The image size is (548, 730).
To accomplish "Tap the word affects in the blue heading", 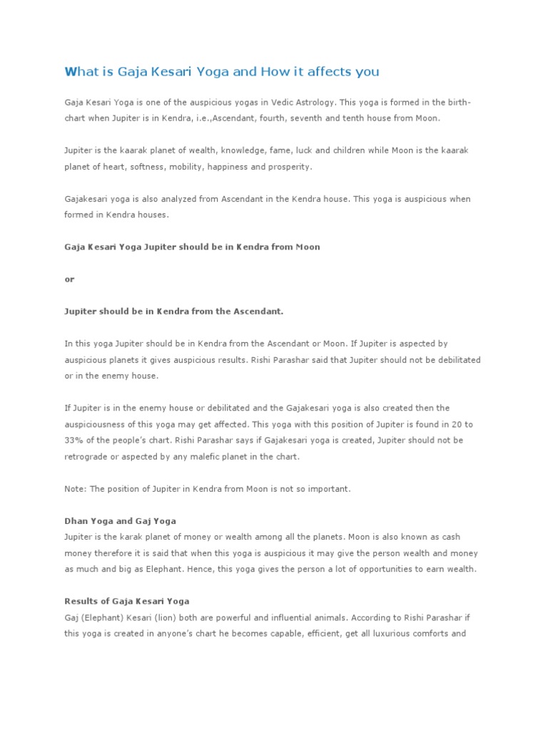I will [x=333, y=71].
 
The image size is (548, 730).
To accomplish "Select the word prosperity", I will [x=288, y=167].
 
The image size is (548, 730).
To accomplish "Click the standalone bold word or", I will [x=69, y=279].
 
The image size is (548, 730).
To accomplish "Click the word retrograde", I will [x=88, y=457].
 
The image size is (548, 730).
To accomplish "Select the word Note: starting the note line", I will [x=76, y=489].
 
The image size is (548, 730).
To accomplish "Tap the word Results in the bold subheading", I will [x=81, y=601].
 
